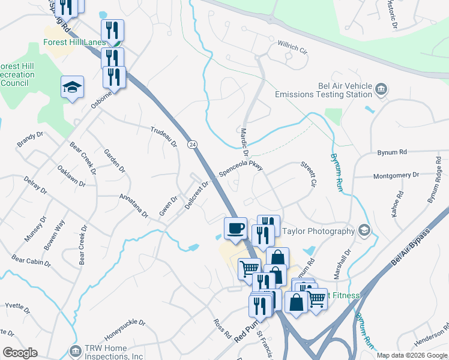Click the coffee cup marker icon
[x=235, y=228]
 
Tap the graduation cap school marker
[x=72, y=88]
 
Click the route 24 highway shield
[x=192, y=145]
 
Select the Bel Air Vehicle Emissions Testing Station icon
[x=381, y=90]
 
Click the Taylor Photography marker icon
[x=363, y=230]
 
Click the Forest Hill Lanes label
[x=74, y=43]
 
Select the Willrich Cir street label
[x=292, y=47]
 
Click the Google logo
[x=20, y=353]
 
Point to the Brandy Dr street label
[x=30, y=139]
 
